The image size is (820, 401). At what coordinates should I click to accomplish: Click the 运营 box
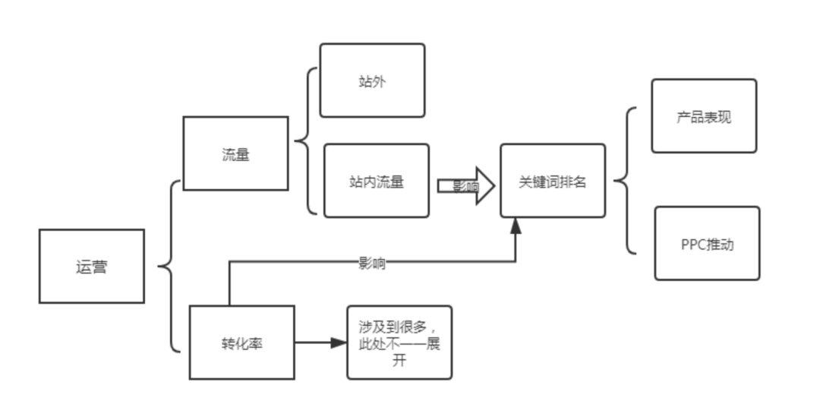(92, 267)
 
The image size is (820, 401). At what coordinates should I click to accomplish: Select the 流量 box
(235, 153)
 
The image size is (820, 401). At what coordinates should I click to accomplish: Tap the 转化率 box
(241, 343)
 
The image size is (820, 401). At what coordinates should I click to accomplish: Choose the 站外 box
(372, 81)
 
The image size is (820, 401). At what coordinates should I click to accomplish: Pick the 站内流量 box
(376, 181)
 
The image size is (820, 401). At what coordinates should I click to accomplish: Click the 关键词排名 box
(552, 181)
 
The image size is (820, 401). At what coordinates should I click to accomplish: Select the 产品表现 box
(704, 116)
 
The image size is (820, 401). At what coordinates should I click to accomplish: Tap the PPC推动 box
(707, 244)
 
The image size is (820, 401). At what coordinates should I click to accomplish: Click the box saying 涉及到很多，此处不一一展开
(399, 343)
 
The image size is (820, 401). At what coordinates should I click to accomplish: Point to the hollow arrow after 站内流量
(465, 186)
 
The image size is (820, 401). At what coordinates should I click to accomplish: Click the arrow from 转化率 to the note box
(319, 343)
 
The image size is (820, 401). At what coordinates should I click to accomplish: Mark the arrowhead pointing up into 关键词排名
(516, 226)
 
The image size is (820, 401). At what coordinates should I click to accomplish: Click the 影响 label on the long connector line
(371, 264)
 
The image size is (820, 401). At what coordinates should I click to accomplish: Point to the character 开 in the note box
(399, 361)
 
